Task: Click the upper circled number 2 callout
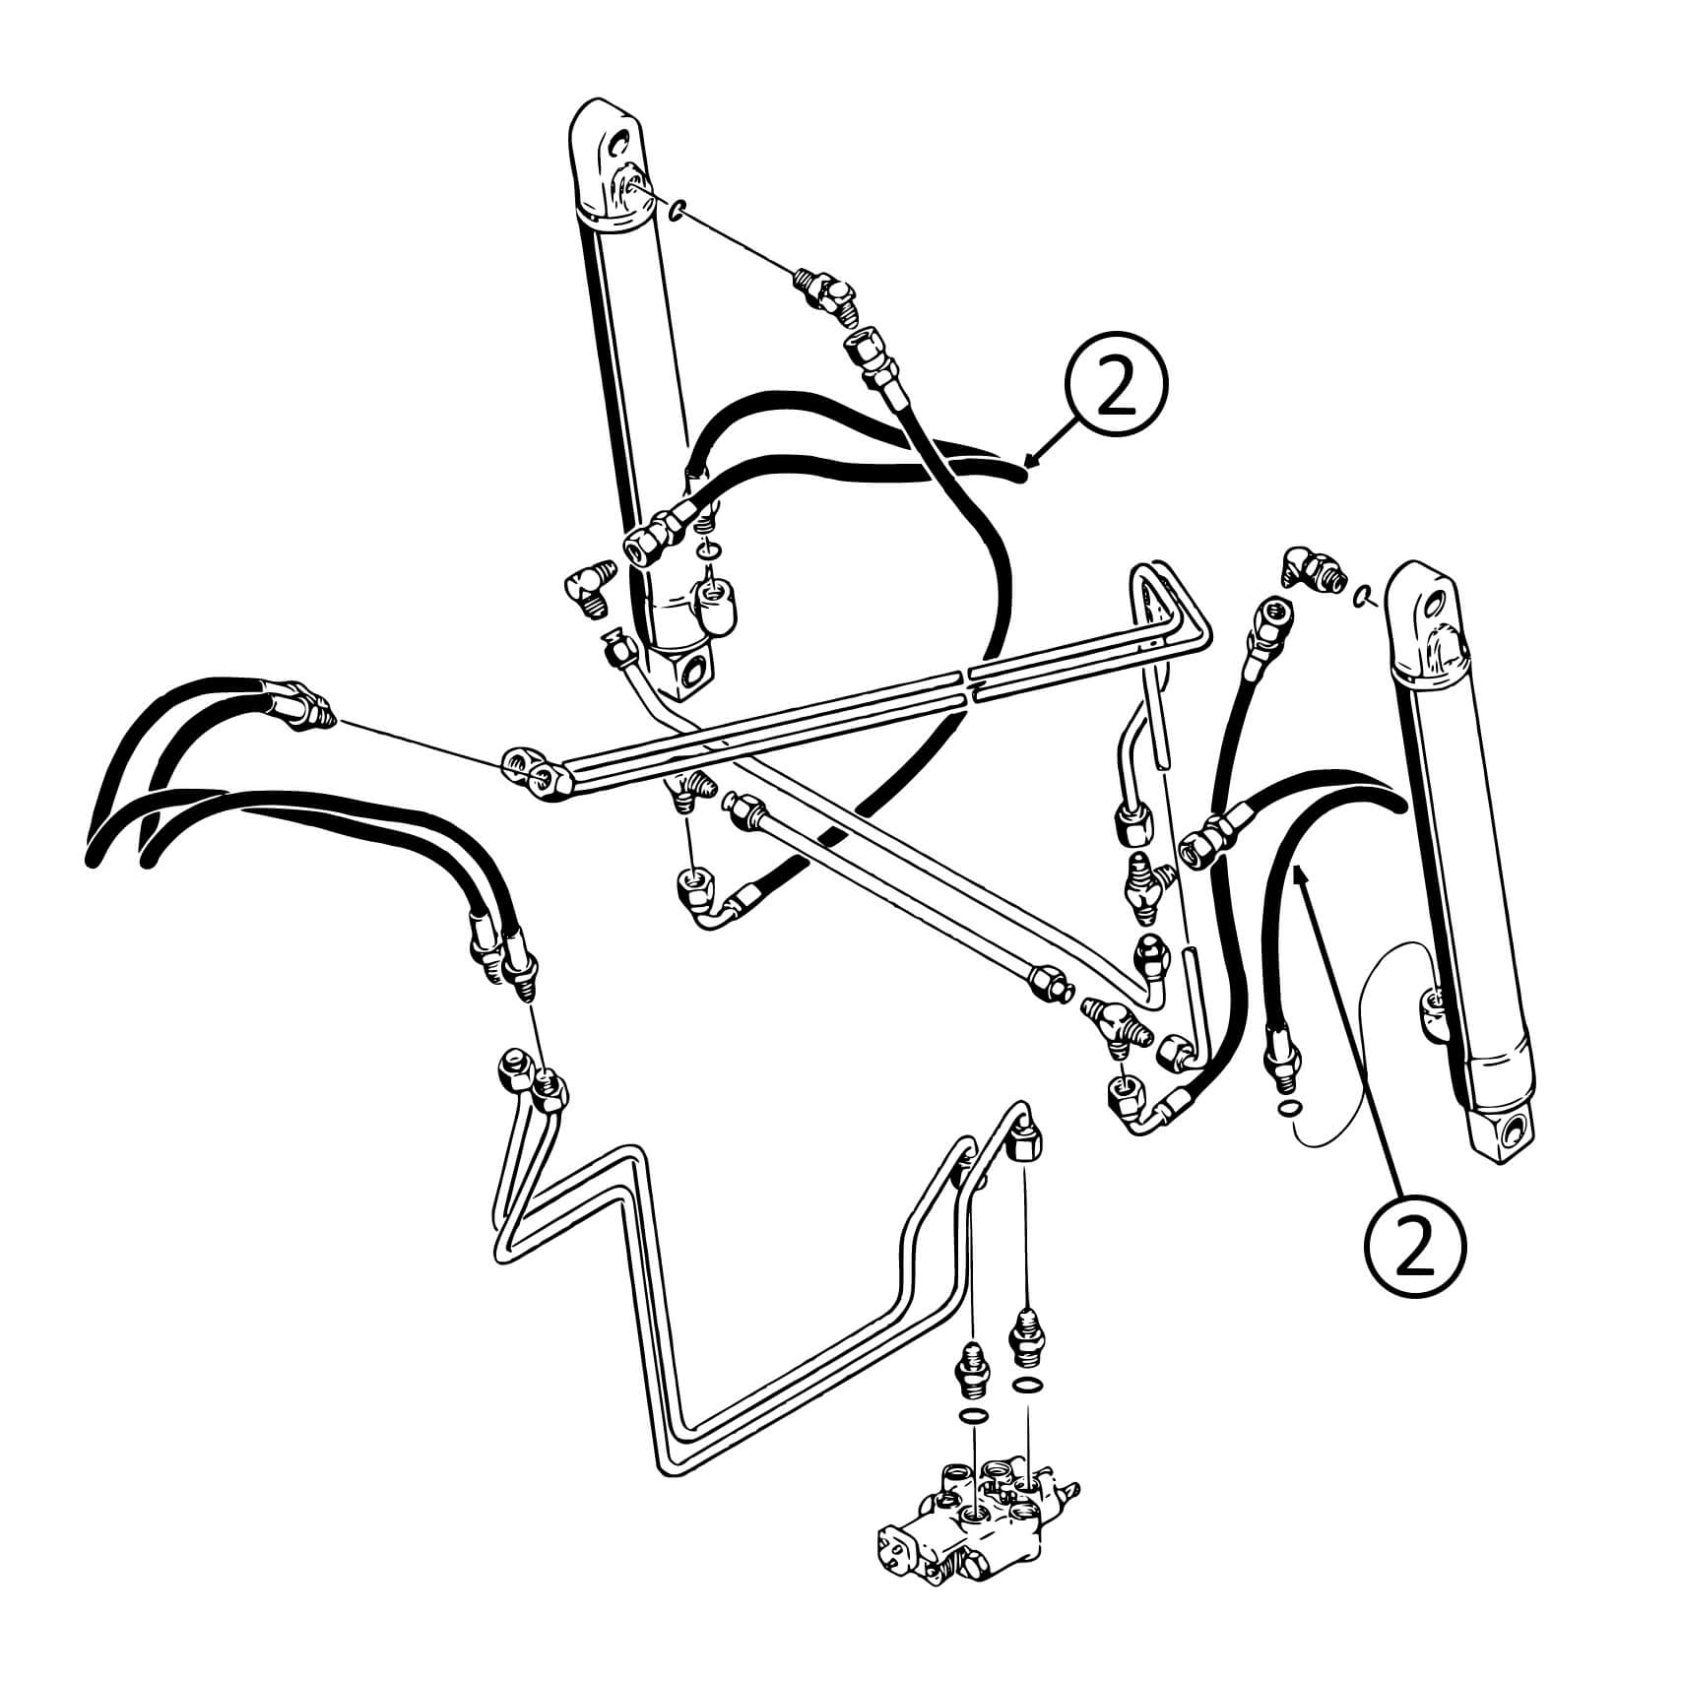pyautogui.click(x=1116, y=391)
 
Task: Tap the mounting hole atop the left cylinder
pyautogui.click(x=618, y=146)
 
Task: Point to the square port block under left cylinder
pyautogui.click(x=690, y=668)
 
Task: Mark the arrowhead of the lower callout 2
pyautogui.click(x=1299, y=871)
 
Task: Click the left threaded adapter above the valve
pyautogui.click(x=971, y=1365)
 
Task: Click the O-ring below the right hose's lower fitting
pyautogui.click(x=1287, y=1110)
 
